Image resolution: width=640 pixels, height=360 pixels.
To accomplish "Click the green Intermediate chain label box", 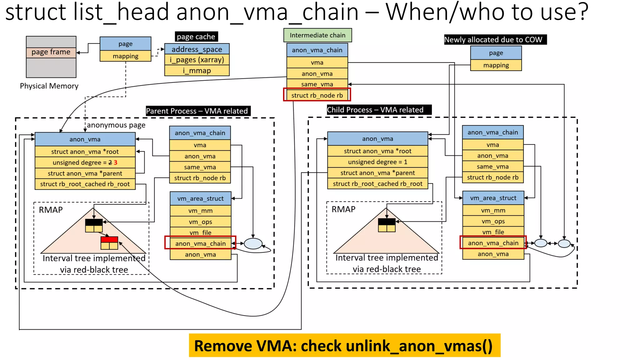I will pyautogui.click(x=317, y=35).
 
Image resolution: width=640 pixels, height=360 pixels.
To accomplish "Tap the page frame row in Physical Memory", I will pyautogui.click(x=51, y=52).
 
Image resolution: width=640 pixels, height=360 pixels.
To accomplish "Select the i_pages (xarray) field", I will pyautogui.click(x=197, y=60).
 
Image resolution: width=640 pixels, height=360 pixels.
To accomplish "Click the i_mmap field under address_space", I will pyautogui.click(x=197, y=71).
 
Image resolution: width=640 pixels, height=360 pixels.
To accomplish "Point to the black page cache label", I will pyautogui.click(x=196, y=37).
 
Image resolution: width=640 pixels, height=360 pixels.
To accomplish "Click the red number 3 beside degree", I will pyautogui.click(x=116, y=162).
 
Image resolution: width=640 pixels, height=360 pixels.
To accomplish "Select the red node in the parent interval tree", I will pyautogui.click(x=109, y=240).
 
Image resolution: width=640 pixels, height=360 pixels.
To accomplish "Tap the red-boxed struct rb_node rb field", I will pyautogui.click(x=317, y=95).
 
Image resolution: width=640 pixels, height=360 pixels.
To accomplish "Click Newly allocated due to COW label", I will pyautogui.click(x=495, y=40).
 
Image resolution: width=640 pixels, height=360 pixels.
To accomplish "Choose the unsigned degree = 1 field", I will pyautogui.click(x=377, y=162).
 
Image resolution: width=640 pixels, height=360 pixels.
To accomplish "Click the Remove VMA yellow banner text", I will pyautogui.click(x=344, y=346).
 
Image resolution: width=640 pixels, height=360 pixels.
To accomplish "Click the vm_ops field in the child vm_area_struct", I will pyautogui.click(x=493, y=221).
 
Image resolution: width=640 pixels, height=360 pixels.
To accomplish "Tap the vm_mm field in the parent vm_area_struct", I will pyautogui.click(x=200, y=211).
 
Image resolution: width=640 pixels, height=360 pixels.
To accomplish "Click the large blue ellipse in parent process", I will pyautogui.click(x=253, y=244).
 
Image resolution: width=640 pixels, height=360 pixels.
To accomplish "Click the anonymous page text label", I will pyautogui.click(x=116, y=125).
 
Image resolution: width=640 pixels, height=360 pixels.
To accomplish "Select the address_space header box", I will pyautogui.click(x=197, y=49).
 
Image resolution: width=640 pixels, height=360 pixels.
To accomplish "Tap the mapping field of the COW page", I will pyautogui.click(x=496, y=65).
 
